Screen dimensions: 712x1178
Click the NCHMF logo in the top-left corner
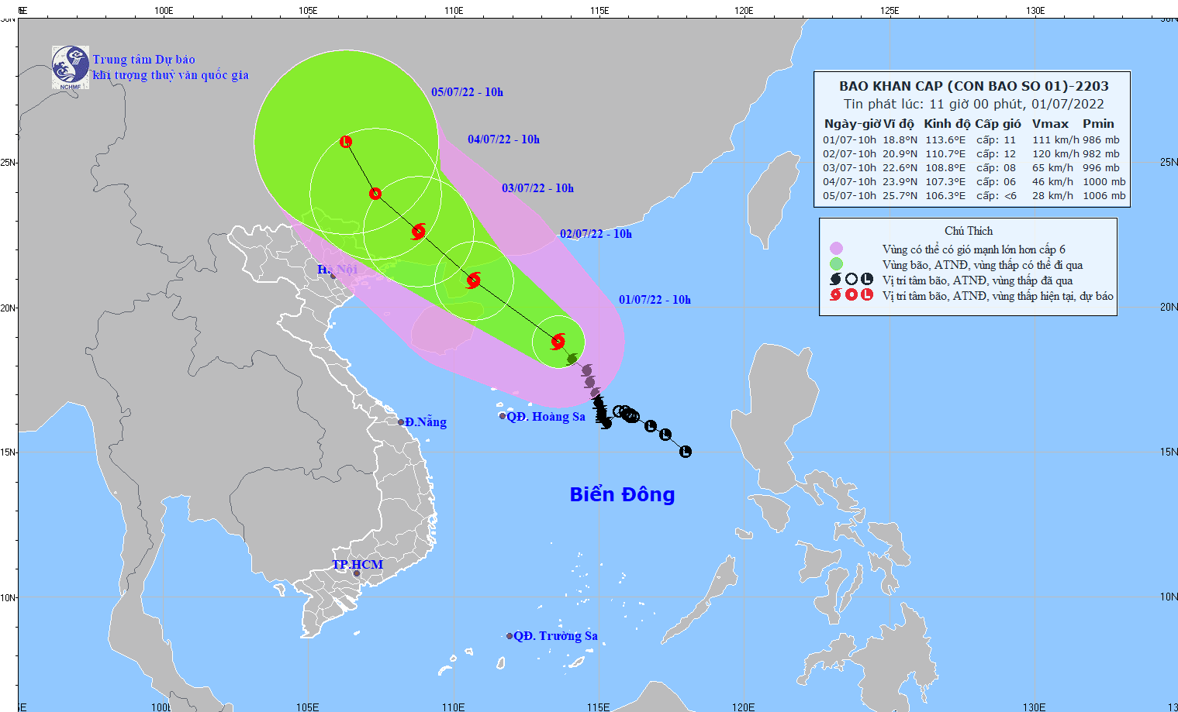pos(70,67)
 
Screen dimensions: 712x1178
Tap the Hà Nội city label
pos(337,270)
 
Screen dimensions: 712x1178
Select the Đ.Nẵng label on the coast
pos(426,422)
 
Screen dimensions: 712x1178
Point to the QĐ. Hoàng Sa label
pos(546,417)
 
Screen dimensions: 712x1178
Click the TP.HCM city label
pos(358,564)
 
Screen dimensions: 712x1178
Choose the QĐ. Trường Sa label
pos(555,636)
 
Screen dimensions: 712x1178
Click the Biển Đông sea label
pos(622,494)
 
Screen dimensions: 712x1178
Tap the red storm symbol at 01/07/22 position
pos(558,341)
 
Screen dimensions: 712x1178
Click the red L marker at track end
pos(346,142)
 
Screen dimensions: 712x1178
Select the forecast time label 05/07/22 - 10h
pos(467,92)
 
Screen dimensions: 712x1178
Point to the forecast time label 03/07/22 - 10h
pos(537,188)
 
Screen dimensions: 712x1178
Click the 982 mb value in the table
pos(1101,154)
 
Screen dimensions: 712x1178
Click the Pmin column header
pos(1098,124)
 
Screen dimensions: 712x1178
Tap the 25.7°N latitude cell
pos(900,196)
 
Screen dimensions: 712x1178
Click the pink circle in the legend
pos(836,249)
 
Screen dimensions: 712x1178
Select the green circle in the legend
pos(836,264)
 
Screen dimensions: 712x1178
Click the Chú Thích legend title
pos(969,231)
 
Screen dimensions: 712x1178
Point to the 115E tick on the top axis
pos(599,11)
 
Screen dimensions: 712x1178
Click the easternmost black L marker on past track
pos(685,452)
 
